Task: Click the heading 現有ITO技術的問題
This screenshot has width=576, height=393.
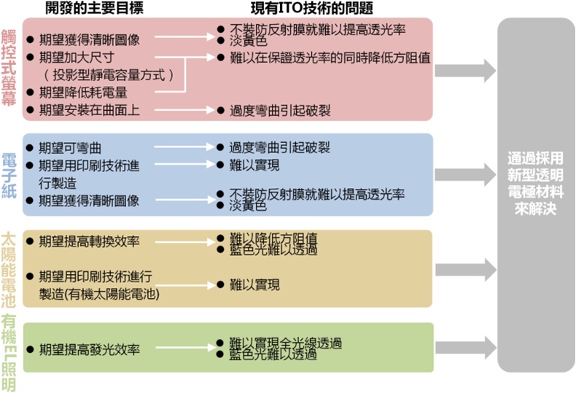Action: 311,9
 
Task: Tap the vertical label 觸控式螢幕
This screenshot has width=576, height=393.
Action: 9,69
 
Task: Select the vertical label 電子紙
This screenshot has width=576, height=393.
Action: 9,174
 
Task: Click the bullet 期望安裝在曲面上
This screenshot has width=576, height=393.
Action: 89,111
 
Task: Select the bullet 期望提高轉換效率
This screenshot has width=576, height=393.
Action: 88,241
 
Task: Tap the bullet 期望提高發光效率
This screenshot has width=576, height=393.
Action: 88,349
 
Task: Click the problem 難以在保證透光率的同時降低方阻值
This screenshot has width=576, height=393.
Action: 330,57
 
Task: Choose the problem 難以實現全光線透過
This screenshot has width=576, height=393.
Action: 285,343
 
